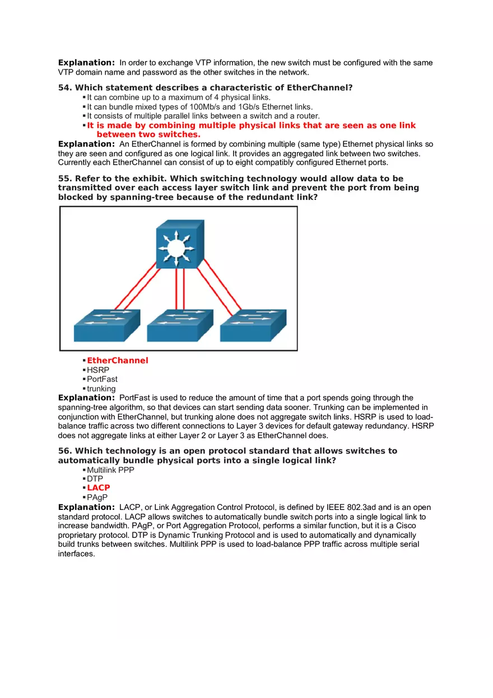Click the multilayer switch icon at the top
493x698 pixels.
pos(180,244)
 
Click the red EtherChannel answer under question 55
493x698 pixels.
pos(117,360)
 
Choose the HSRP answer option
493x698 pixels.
pos(98,370)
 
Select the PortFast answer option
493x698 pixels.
pos(102,379)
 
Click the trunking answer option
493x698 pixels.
pos(101,388)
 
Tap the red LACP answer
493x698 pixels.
pos(99,488)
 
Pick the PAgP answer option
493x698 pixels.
pos(97,497)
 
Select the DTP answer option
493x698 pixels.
pos(95,479)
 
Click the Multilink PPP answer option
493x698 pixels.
pos(110,470)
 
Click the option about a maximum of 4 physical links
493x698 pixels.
pos(179,97)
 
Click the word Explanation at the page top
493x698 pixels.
pos(86,63)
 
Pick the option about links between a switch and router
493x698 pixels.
pos(203,116)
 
